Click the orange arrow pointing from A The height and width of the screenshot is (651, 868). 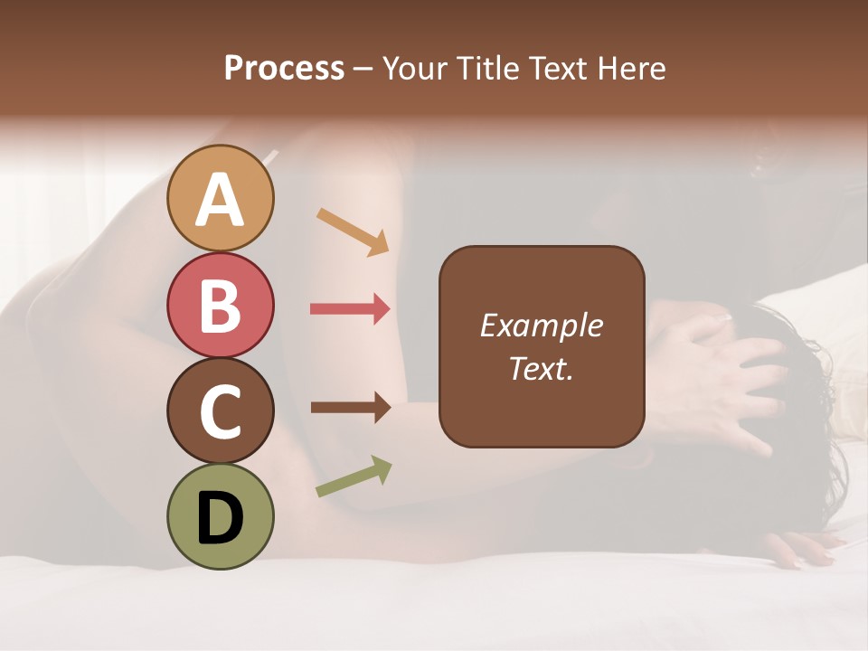tap(353, 231)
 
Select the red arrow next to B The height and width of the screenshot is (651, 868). tap(351, 309)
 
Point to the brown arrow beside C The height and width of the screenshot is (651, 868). tap(351, 408)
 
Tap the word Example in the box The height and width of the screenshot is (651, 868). tap(542, 325)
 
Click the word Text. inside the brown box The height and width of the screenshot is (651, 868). tap(542, 369)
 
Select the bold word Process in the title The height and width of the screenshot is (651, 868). tap(284, 69)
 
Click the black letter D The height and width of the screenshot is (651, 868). tap(221, 519)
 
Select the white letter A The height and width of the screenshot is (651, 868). tap(221, 199)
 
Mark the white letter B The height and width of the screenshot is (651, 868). tap(221, 305)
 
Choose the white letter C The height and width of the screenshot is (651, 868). tap(221, 411)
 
